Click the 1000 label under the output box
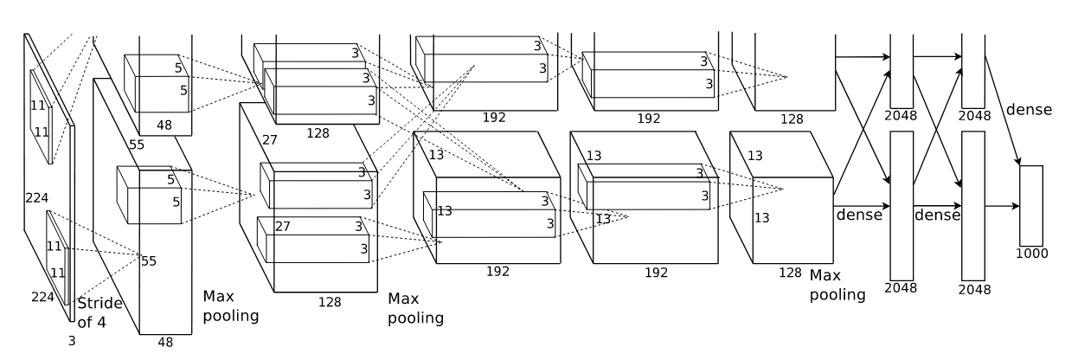(1032, 254)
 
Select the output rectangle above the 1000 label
(1031, 206)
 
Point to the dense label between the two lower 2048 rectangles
(937, 214)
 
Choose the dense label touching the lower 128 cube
(858, 213)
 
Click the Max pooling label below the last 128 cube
(837, 285)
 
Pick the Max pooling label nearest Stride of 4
(230, 305)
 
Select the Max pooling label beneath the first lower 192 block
(415, 308)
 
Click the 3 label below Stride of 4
(72, 341)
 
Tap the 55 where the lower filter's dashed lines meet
(149, 260)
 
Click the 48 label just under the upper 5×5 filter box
(164, 125)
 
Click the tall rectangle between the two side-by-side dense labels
(901, 205)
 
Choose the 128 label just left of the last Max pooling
(790, 272)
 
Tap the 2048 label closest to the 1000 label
(974, 288)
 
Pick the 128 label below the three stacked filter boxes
(318, 133)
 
